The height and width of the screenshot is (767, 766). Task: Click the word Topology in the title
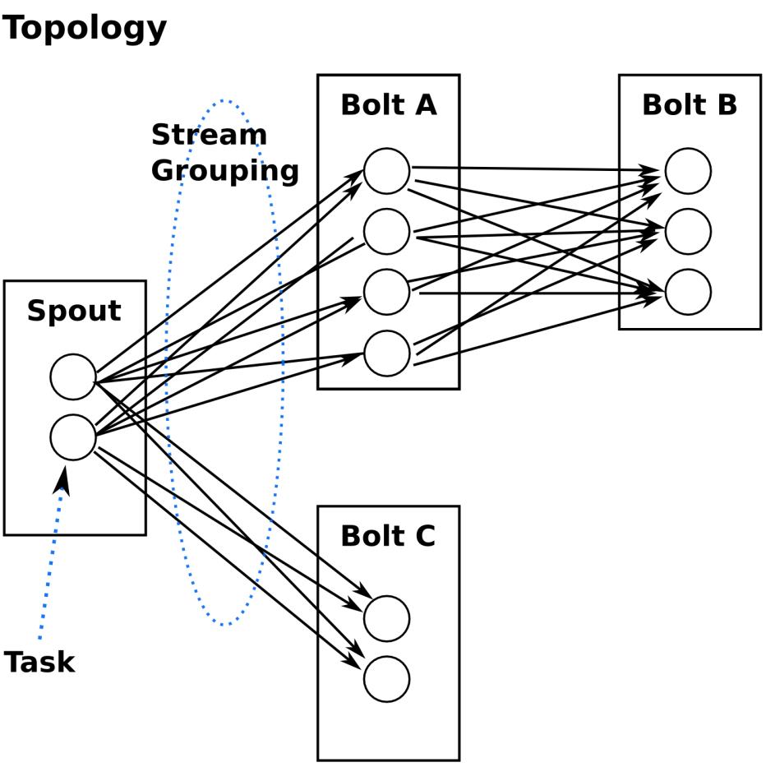(84, 29)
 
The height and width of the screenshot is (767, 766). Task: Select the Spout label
(74, 311)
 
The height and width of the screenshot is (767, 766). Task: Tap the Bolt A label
(389, 105)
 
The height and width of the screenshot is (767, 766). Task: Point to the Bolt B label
(690, 105)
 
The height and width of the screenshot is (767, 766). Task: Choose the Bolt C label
(388, 536)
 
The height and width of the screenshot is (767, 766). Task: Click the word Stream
(210, 135)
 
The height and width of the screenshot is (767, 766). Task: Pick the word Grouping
(225, 171)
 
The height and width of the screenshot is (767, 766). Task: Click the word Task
(39, 663)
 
